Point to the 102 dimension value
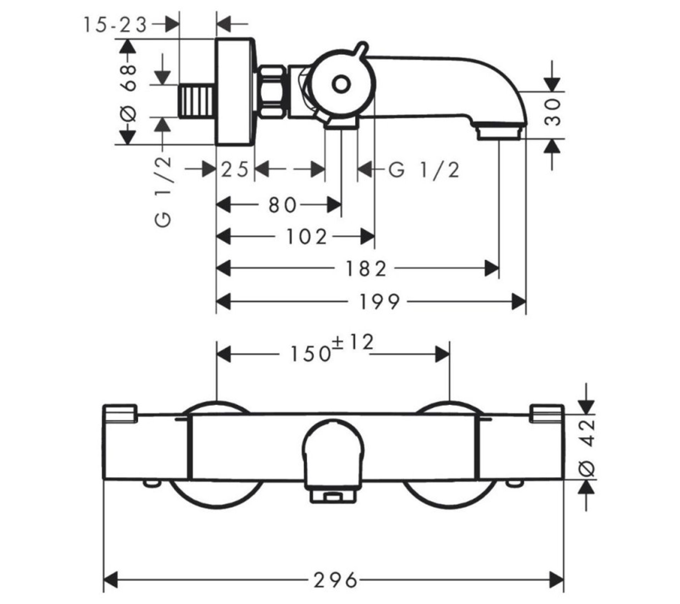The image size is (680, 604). pos(306,236)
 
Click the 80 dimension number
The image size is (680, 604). pos(282,205)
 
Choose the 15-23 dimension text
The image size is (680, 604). pos(115,25)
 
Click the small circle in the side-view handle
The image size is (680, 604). pos(341,84)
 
